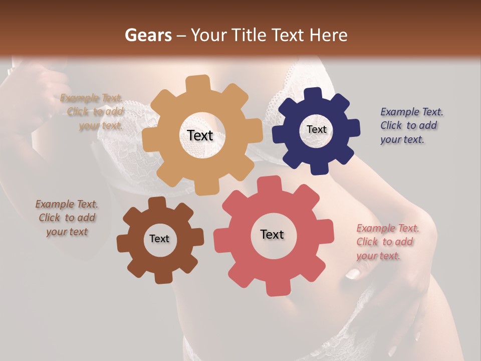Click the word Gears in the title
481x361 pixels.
[148, 35]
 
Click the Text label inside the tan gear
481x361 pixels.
[200, 135]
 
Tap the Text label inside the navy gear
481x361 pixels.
[316, 129]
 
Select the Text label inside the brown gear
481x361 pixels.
[159, 239]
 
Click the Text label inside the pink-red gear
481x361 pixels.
[272, 234]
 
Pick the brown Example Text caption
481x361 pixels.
[67, 218]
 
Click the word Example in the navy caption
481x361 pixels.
[399, 112]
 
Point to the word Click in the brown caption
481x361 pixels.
[49, 218]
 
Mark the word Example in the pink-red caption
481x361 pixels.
[375, 228]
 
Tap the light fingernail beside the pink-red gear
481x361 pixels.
[353, 274]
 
